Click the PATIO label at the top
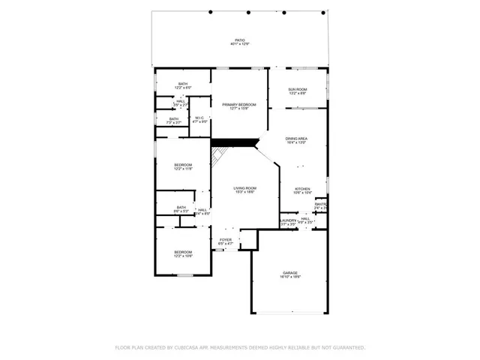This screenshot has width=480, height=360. (239, 40)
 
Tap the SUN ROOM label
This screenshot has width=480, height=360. (298, 90)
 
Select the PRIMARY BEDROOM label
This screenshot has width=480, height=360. (239, 105)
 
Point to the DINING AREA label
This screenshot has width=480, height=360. (296, 139)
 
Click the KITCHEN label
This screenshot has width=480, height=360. (302, 189)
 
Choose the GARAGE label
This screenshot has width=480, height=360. (290, 273)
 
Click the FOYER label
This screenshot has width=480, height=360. (226, 240)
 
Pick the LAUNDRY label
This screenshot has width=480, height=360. (289, 220)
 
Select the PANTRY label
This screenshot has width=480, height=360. (321, 204)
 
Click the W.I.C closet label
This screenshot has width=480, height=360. (200, 118)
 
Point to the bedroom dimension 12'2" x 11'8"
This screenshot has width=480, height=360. (184, 169)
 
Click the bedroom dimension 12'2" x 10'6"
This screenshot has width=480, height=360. (184, 256)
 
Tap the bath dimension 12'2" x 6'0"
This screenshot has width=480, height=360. (183, 88)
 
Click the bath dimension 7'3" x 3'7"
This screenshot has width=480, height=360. (174, 122)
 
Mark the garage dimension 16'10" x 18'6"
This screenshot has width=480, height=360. (290, 277)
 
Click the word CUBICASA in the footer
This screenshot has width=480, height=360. (191, 348)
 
